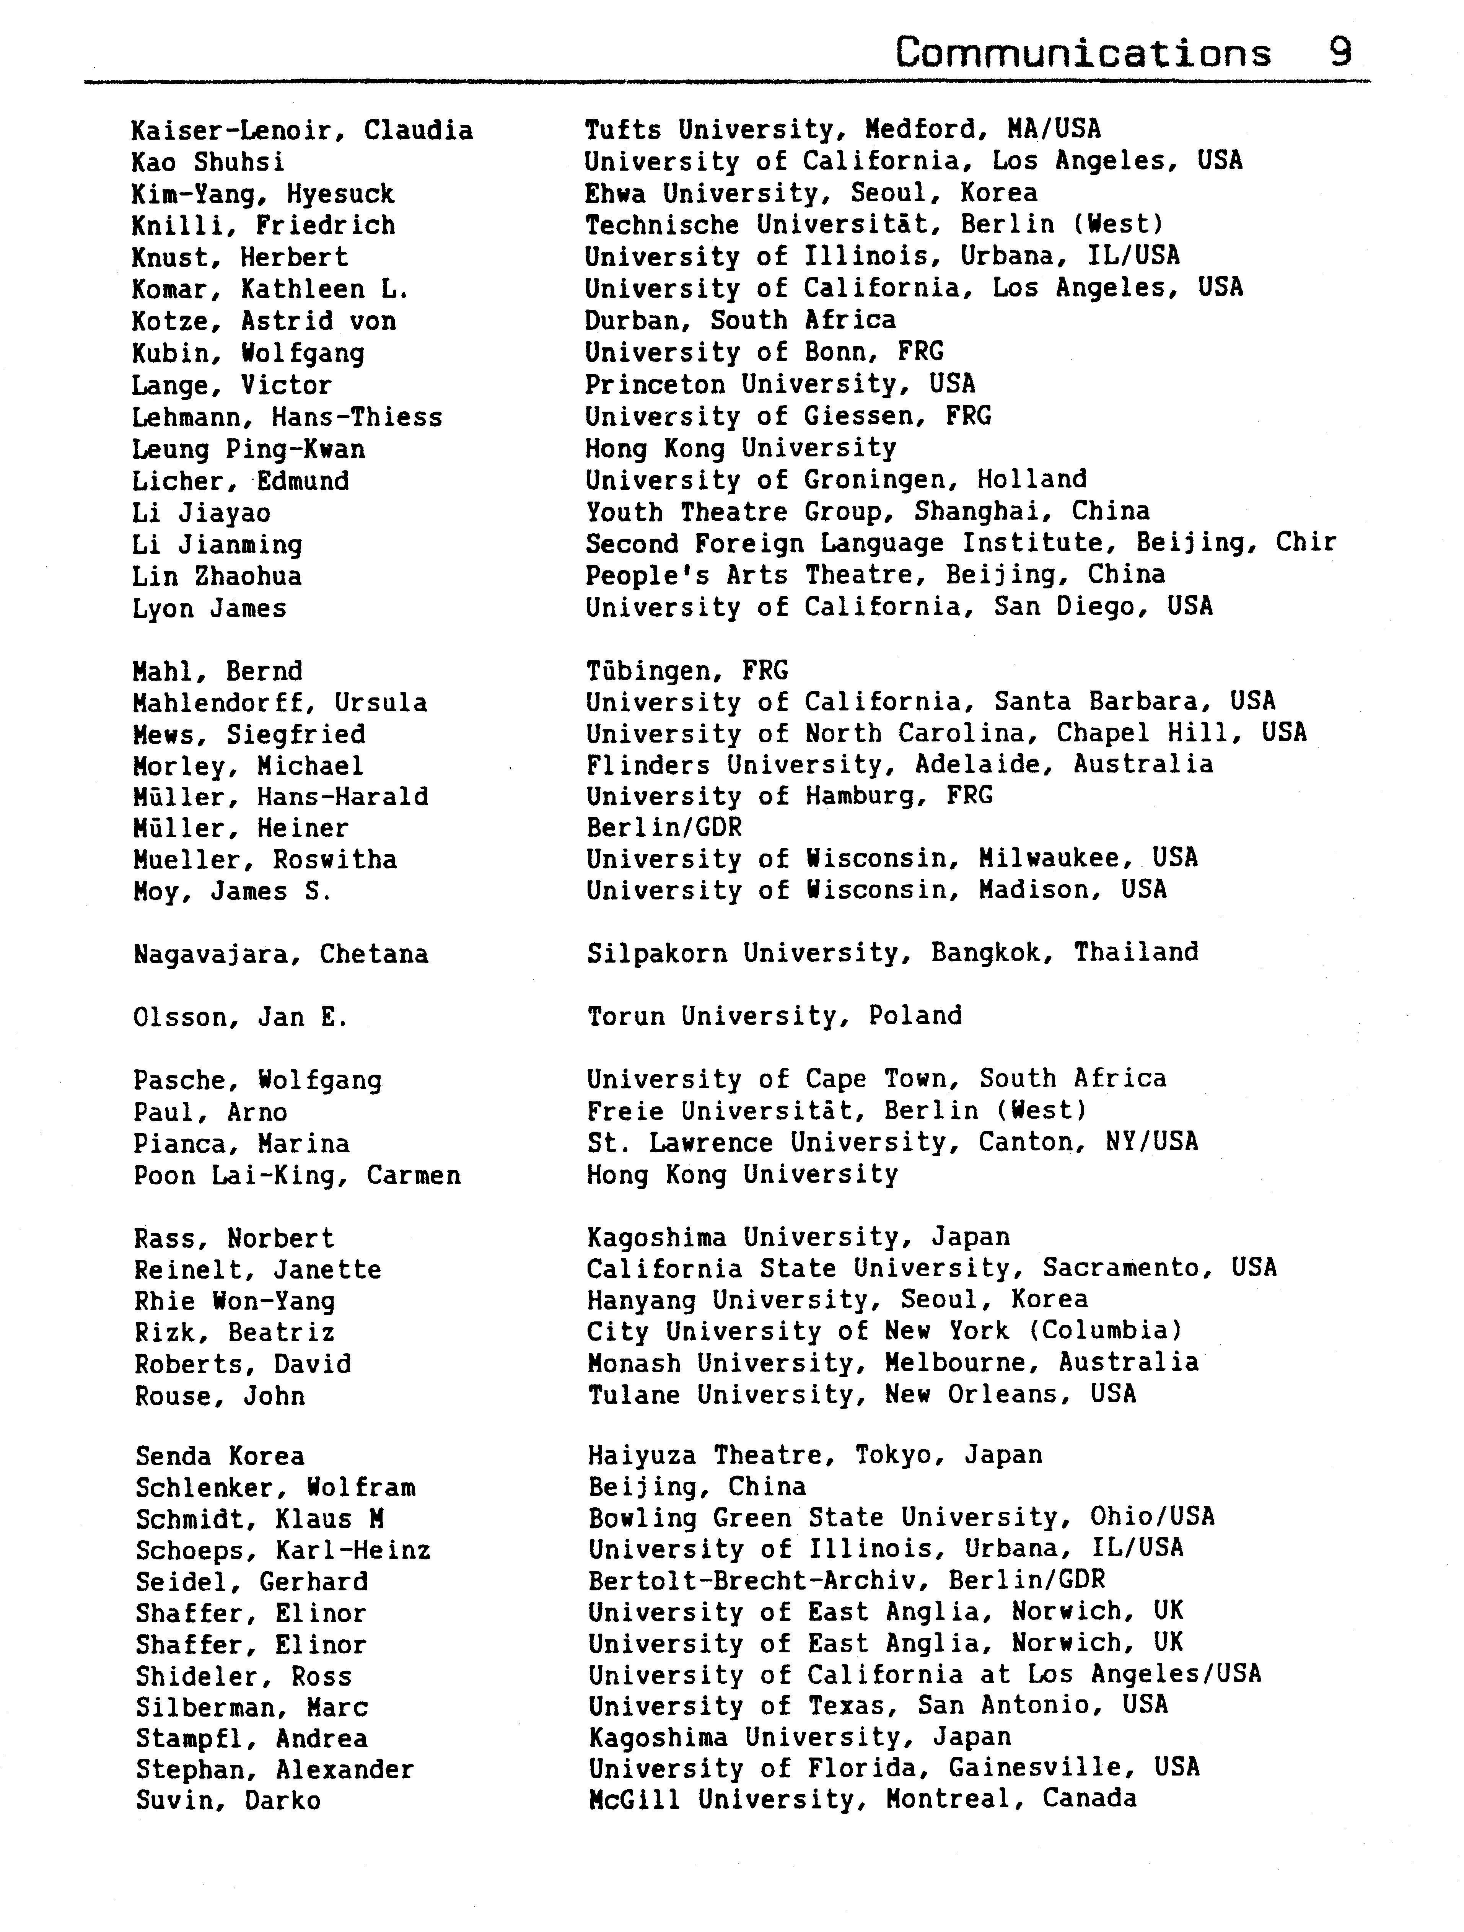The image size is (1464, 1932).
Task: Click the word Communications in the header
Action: [1083, 54]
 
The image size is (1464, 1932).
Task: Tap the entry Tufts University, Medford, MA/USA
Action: [842, 129]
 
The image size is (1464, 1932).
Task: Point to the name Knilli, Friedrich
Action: [263, 225]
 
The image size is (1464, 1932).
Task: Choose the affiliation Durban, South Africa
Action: [740, 321]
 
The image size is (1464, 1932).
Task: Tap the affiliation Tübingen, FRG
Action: [687, 671]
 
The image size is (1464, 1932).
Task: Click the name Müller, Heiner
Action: [240, 828]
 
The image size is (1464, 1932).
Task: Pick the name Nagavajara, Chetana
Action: [280, 954]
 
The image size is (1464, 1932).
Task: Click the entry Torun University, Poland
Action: [774, 1016]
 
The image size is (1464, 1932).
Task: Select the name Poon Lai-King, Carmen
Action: [297, 1176]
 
